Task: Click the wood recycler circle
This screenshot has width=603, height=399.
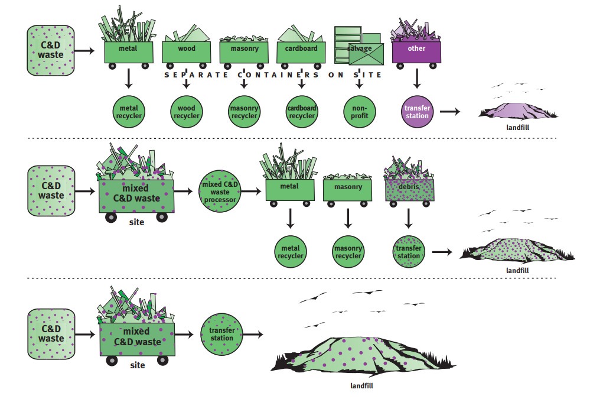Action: pyautogui.click(x=186, y=112)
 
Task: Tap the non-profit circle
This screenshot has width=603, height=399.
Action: pyautogui.click(x=360, y=112)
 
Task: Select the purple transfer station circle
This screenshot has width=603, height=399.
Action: pyautogui.click(x=417, y=112)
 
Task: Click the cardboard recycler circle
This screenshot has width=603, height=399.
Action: pyautogui.click(x=302, y=112)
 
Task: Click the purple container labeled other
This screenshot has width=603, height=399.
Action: pyautogui.click(x=416, y=50)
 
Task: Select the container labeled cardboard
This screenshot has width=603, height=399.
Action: pyautogui.click(x=301, y=51)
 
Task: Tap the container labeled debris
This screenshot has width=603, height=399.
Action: pyautogui.click(x=409, y=189)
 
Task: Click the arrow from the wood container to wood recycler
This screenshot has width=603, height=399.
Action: pyautogui.click(x=186, y=83)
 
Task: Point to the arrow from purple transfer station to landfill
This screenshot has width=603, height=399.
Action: pyautogui.click(x=451, y=111)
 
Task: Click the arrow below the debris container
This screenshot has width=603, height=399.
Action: pyautogui.click(x=409, y=218)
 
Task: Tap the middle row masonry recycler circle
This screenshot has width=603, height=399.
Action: pyautogui.click(x=348, y=252)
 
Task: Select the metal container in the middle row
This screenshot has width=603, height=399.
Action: pyautogui.click(x=289, y=189)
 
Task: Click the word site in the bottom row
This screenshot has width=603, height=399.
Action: pyautogui.click(x=137, y=365)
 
